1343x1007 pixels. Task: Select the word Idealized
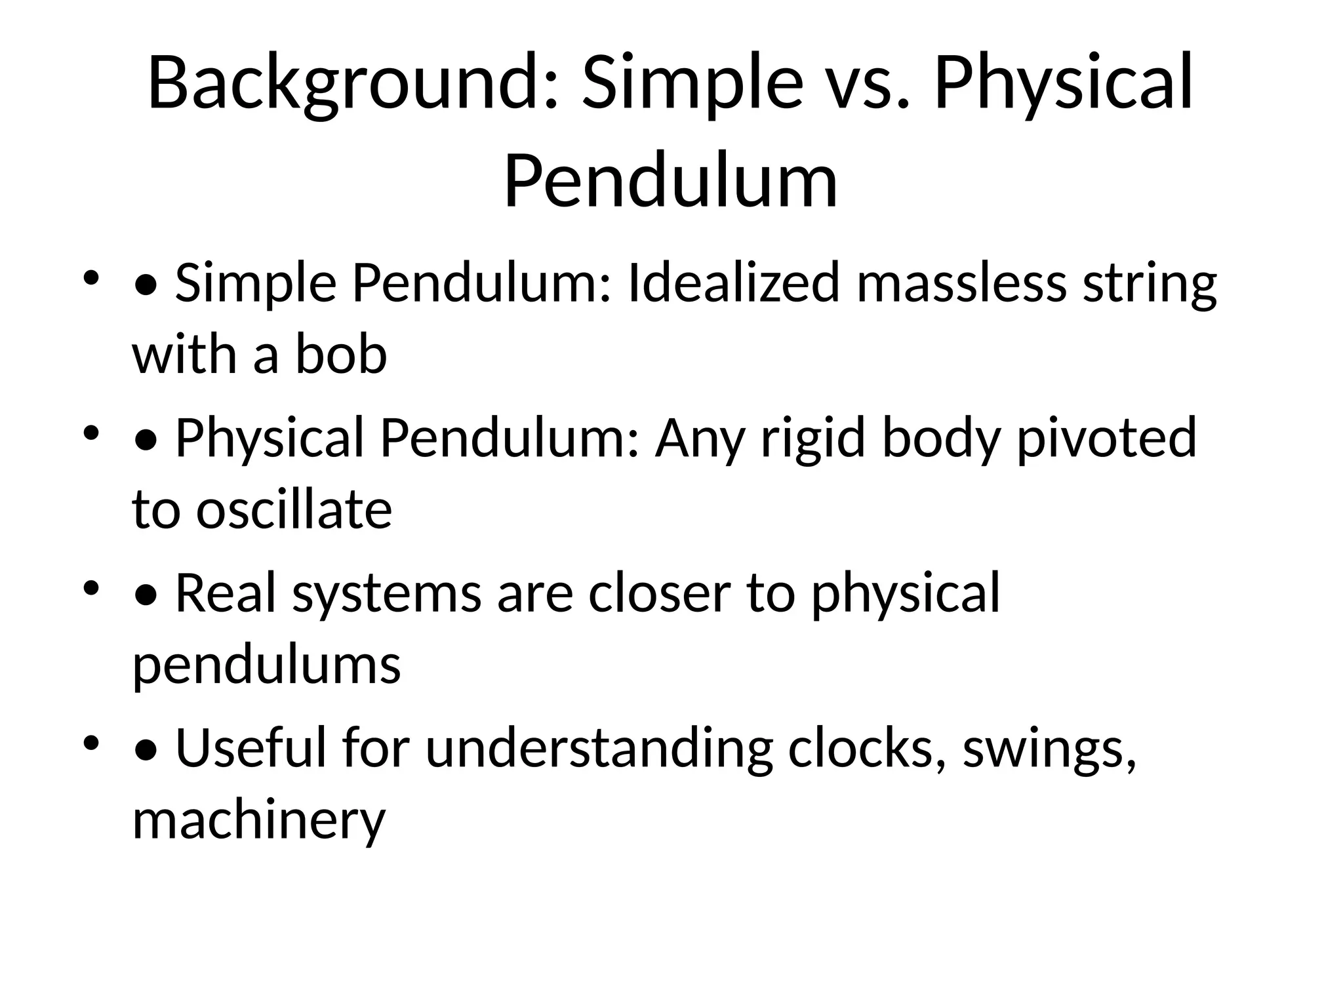coord(733,283)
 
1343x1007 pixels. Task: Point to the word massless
coord(961,283)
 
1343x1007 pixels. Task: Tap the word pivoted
coord(1106,438)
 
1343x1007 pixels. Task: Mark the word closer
coord(659,593)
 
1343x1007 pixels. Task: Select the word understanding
coord(599,749)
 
